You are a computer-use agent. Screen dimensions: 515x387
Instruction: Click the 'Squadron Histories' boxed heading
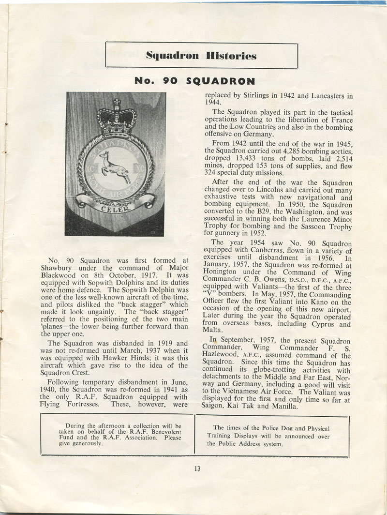201,55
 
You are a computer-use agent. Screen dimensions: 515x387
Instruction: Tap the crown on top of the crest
116,117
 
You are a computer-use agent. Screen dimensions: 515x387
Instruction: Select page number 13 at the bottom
197,468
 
